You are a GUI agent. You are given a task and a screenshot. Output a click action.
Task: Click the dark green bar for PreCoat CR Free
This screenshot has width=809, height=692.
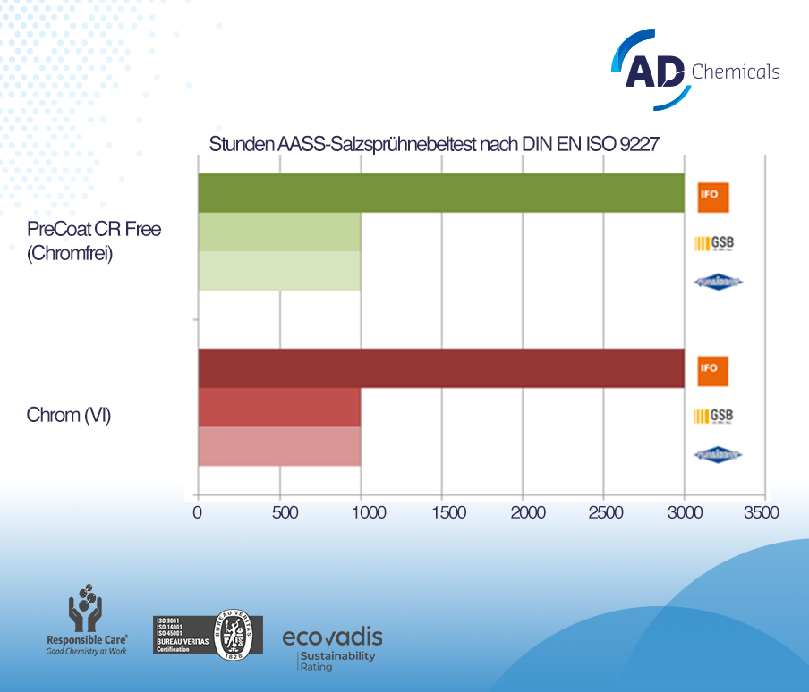440,193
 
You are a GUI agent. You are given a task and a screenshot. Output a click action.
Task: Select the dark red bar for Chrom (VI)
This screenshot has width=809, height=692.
440,368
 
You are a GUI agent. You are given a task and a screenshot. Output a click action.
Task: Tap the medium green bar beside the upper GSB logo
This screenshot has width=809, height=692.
279,232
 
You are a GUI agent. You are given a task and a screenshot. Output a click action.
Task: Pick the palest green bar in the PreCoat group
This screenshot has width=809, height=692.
279,271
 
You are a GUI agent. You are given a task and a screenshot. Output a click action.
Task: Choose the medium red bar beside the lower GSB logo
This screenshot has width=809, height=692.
279,408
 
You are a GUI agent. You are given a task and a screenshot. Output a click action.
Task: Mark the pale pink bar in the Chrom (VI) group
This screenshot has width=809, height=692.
279,446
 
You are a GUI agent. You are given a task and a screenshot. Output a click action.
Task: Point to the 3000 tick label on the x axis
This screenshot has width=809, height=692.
685,512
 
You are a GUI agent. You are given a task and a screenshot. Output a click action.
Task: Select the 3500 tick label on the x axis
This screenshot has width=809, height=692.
763,512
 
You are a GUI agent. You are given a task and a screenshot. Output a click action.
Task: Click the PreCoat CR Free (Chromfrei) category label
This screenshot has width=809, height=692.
94,241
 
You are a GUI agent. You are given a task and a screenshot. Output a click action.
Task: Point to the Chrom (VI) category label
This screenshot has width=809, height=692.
69,415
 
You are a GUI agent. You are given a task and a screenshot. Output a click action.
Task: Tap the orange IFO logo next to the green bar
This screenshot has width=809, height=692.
711,196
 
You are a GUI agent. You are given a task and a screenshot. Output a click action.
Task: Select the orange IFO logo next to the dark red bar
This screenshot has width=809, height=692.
711,370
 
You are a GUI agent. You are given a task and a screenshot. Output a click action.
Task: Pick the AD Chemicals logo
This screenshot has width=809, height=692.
695,70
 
